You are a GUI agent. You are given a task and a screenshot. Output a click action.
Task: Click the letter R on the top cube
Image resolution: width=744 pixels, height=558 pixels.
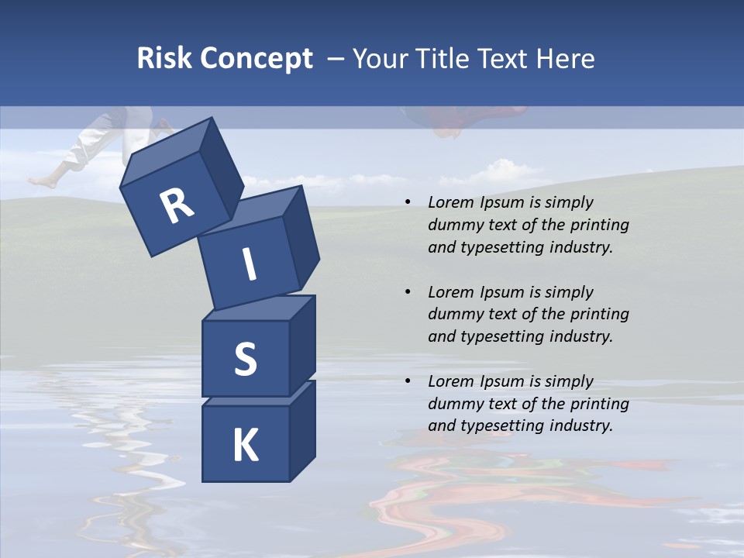[x=177, y=206]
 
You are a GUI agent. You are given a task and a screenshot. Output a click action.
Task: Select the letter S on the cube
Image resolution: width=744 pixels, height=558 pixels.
[x=245, y=360]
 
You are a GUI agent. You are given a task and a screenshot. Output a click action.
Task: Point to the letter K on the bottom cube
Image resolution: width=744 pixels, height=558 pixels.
[x=245, y=446]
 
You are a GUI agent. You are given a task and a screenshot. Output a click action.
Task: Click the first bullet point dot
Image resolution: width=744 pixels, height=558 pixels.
[x=408, y=203]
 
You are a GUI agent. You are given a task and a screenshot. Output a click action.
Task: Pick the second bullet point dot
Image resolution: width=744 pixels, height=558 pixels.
[x=408, y=293]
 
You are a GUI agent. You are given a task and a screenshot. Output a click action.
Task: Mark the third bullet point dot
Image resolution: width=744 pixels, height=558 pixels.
[x=408, y=382]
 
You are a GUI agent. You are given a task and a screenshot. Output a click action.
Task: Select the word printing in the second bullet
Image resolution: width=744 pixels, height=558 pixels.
[x=597, y=314]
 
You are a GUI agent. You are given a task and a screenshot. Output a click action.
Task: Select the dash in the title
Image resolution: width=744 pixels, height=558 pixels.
[x=336, y=58]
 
